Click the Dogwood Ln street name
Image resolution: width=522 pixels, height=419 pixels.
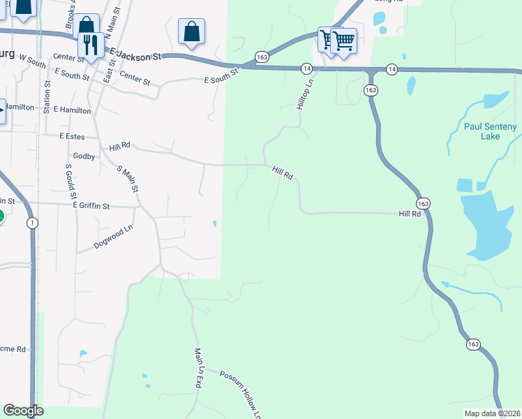tap(113, 238)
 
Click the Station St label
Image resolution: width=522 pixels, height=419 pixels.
tap(47, 97)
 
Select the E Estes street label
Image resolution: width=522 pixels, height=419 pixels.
tap(71, 135)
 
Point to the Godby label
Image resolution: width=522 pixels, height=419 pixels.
tap(83, 156)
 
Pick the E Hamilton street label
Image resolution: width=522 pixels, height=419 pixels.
tap(72, 110)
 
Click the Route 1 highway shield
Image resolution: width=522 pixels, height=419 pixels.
tap(31, 223)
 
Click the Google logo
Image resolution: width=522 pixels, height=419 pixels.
tap(23, 411)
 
